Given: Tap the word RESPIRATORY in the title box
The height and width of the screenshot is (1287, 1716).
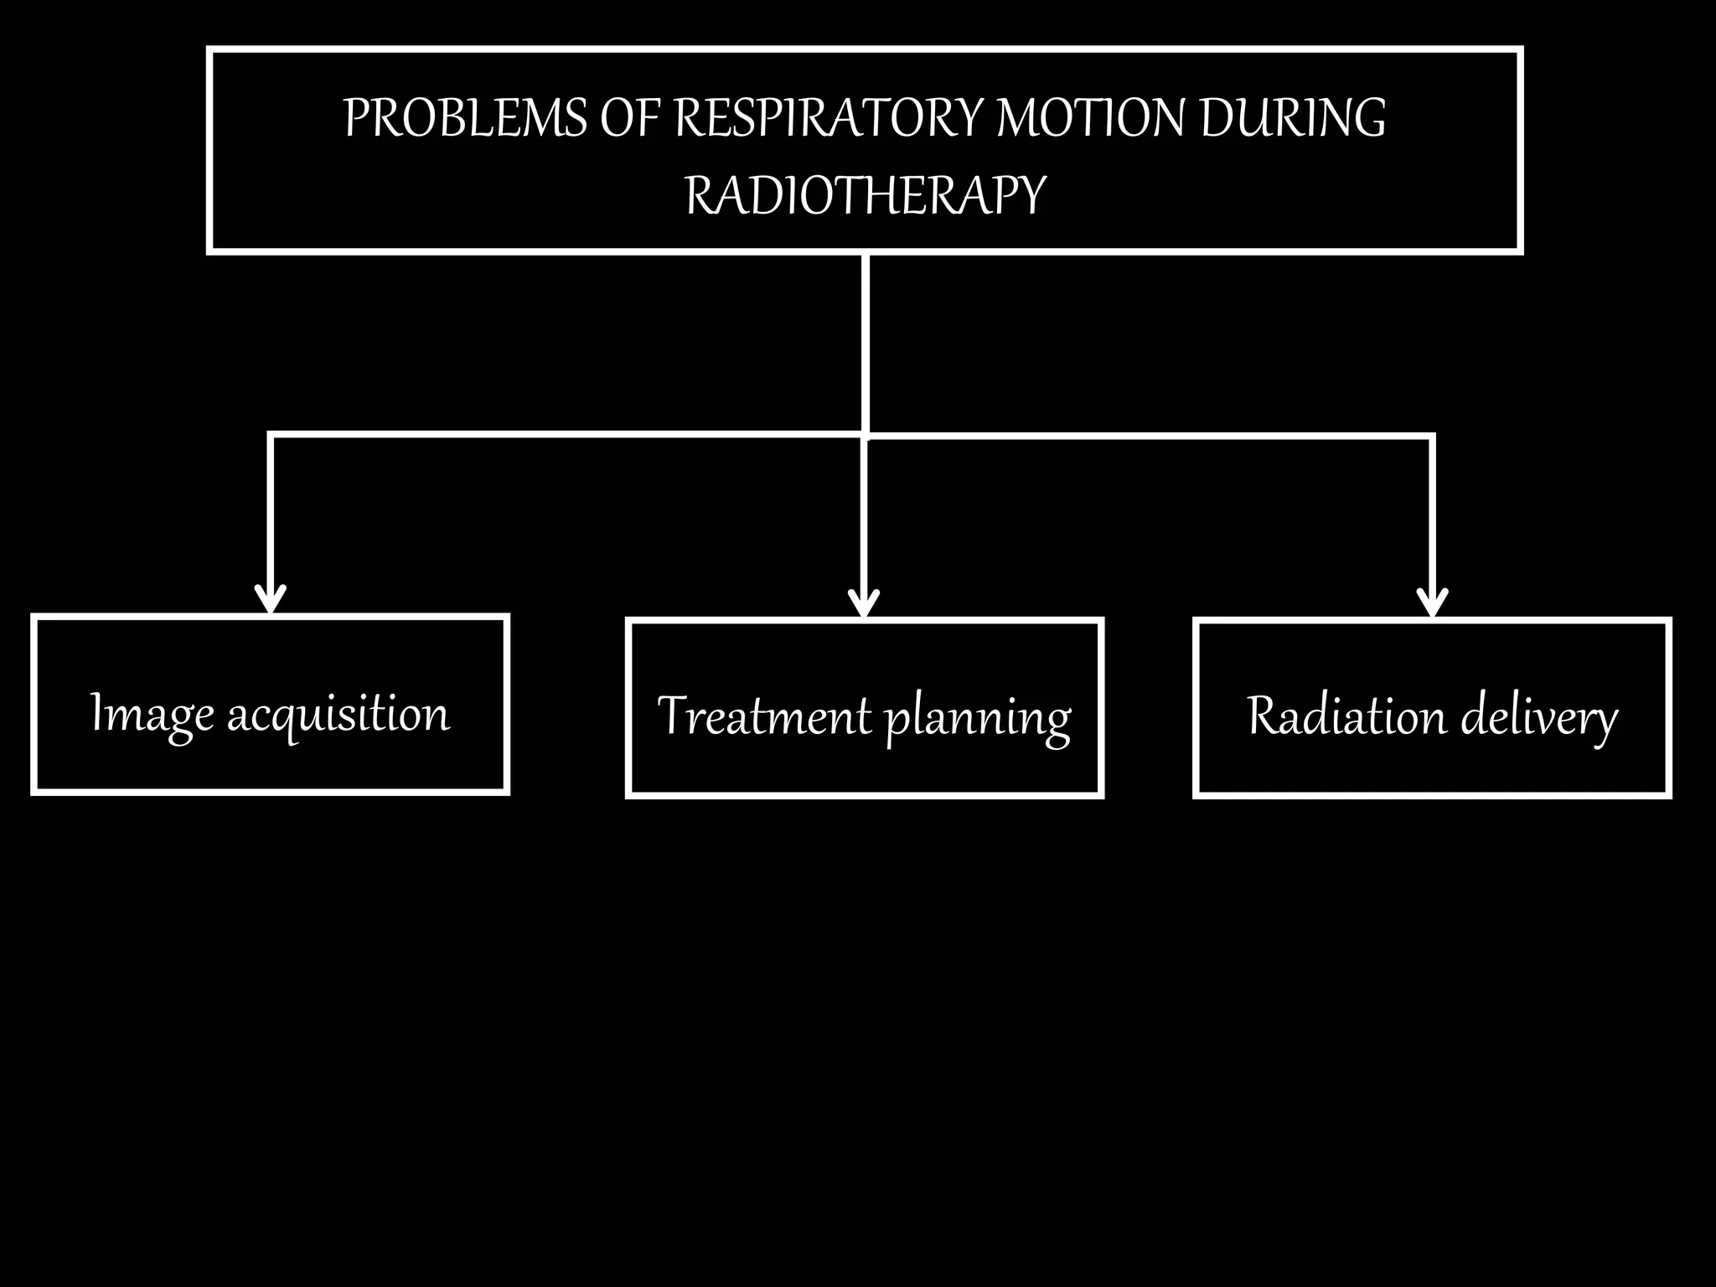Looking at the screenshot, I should coord(830,118).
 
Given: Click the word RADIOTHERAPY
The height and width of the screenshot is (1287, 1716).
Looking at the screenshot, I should coord(865,195).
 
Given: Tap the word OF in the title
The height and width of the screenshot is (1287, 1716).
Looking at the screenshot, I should coord(630,118).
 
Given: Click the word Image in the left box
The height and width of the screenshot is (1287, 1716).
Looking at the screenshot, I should coord(152,715).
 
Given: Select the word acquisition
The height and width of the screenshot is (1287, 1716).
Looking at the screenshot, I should coord(339,715).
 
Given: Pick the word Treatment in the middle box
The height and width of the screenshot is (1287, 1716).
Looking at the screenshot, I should coord(764,717).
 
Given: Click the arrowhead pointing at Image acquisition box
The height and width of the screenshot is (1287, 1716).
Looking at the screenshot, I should coord(271,601).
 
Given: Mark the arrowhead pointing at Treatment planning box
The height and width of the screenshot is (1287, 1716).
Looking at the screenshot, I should coord(864,603).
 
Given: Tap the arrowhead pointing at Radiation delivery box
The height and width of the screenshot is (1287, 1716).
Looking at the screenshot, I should coord(1432,603).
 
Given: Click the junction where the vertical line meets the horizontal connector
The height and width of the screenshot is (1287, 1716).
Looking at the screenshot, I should coord(865,435).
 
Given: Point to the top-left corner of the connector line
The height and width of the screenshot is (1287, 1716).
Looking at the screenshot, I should coord(271,435).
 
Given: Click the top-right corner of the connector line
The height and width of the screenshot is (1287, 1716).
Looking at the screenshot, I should coord(1432,436).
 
